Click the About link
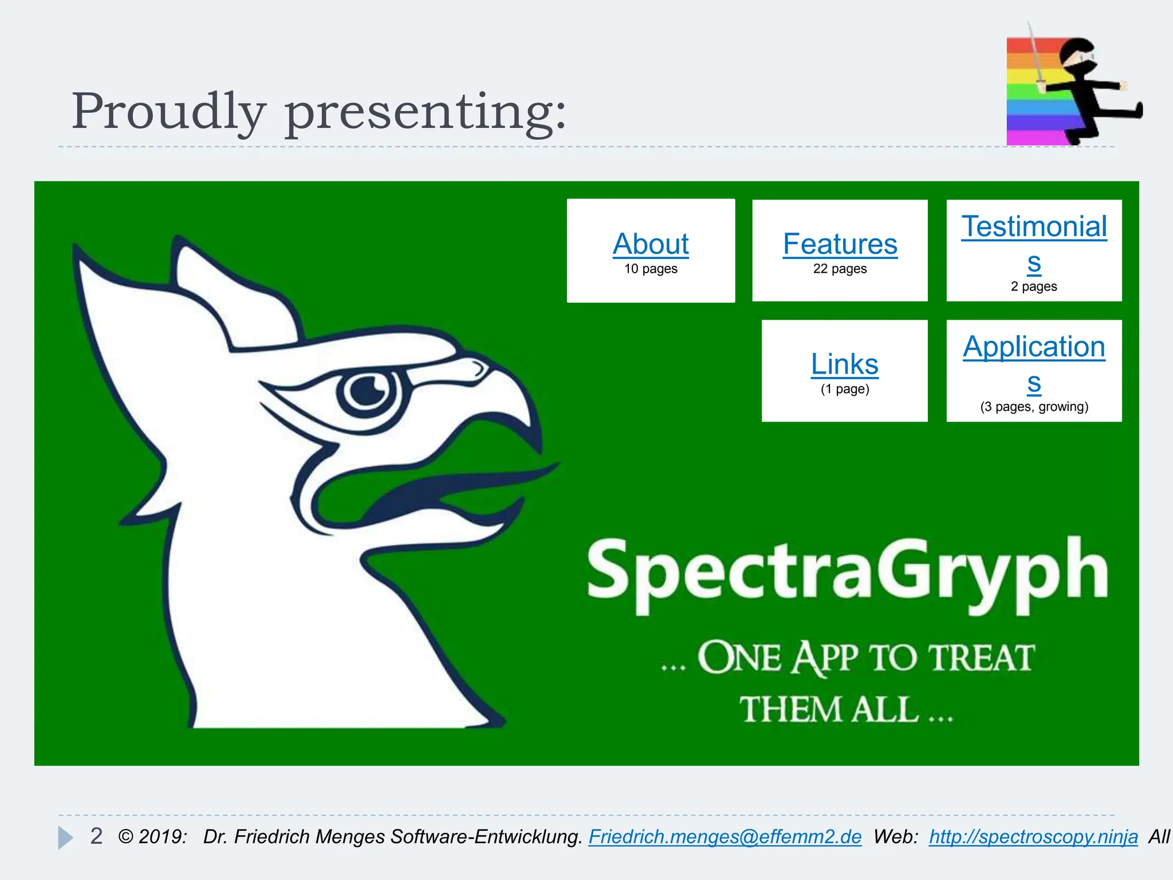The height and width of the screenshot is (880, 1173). point(651,244)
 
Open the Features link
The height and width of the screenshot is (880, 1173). point(840,244)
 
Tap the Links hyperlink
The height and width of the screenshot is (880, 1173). point(844,364)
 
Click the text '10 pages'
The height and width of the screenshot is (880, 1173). point(651,269)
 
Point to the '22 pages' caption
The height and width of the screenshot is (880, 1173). point(840,269)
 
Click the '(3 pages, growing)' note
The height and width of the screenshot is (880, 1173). point(1034,407)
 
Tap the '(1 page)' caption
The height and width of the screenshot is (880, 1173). point(844,390)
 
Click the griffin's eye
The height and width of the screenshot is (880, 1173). point(367,391)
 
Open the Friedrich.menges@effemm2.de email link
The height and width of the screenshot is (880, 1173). point(725,836)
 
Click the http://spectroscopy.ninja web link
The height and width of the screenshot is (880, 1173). point(1033,836)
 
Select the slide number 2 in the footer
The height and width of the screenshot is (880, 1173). point(96,836)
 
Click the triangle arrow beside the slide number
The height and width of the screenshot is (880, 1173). point(65,838)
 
